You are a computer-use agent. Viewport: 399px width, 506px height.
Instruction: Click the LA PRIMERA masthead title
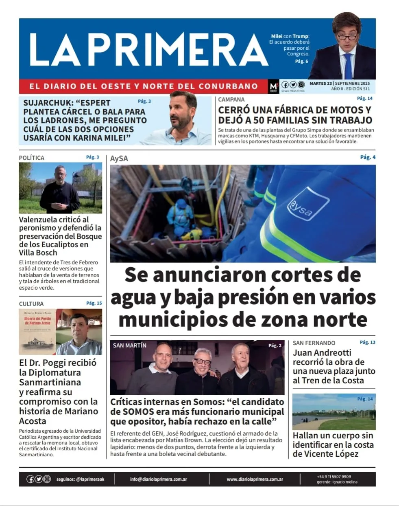click(x=148, y=50)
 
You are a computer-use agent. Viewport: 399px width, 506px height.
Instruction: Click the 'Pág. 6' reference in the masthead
click(x=301, y=61)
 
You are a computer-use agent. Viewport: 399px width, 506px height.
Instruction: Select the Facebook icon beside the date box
click(x=285, y=85)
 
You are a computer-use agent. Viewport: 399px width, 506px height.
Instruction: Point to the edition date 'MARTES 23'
click(x=321, y=84)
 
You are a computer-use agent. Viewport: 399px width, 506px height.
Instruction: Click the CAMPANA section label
click(x=231, y=99)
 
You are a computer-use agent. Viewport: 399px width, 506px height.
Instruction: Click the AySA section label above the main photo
click(x=119, y=158)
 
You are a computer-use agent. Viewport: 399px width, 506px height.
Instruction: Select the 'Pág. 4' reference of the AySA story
click(x=368, y=157)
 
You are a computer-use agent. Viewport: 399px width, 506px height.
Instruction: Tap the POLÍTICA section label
click(x=32, y=158)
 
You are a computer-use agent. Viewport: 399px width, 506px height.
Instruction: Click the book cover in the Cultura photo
click(x=37, y=332)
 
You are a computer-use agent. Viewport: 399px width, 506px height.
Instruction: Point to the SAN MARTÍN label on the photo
click(x=129, y=345)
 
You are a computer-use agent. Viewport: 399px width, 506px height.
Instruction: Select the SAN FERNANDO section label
click(x=314, y=343)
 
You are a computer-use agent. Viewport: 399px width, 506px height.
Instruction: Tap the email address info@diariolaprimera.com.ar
click(x=159, y=479)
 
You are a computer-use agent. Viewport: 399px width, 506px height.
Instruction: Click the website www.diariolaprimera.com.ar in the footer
click(x=255, y=479)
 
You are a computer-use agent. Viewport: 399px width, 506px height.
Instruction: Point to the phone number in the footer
click(x=334, y=476)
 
